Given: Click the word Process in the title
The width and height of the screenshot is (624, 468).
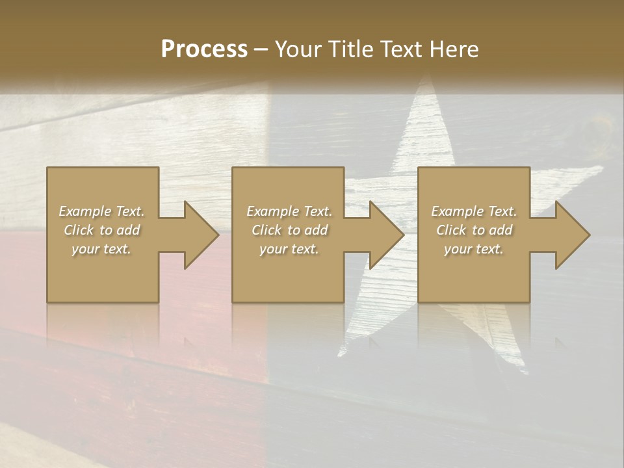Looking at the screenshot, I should (204, 49).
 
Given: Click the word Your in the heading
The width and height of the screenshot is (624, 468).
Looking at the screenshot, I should (296, 49).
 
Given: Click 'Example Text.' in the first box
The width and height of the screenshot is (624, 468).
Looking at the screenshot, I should (101, 211).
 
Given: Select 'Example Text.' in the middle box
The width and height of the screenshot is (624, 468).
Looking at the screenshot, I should (289, 211).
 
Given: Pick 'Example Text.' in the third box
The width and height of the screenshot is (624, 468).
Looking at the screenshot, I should (474, 211).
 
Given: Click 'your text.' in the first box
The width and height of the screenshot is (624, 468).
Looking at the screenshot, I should (101, 249).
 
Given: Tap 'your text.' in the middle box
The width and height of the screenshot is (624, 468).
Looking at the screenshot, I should (289, 249).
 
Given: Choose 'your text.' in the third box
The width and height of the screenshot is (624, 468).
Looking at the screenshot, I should (474, 249).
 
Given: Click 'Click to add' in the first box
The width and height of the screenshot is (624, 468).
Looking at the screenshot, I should (101, 230).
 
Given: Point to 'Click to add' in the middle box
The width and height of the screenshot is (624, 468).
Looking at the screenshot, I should (289, 230).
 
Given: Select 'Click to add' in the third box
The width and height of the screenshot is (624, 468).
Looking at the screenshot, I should (474, 230).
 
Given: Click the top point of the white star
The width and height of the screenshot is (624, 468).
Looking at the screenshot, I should (426, 77).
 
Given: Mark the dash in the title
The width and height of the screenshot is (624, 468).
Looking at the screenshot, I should (261, 49).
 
